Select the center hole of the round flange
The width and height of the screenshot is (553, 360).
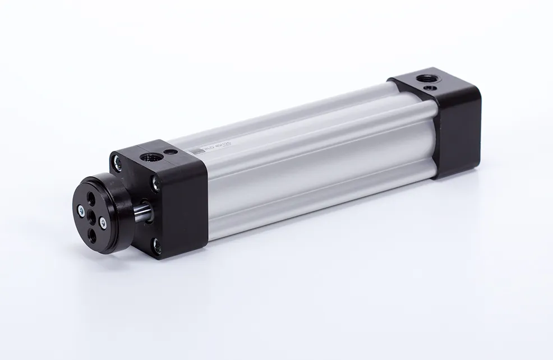point(92,215)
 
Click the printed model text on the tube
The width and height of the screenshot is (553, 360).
point(221,147)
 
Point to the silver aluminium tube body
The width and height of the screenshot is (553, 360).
point(314,157)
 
